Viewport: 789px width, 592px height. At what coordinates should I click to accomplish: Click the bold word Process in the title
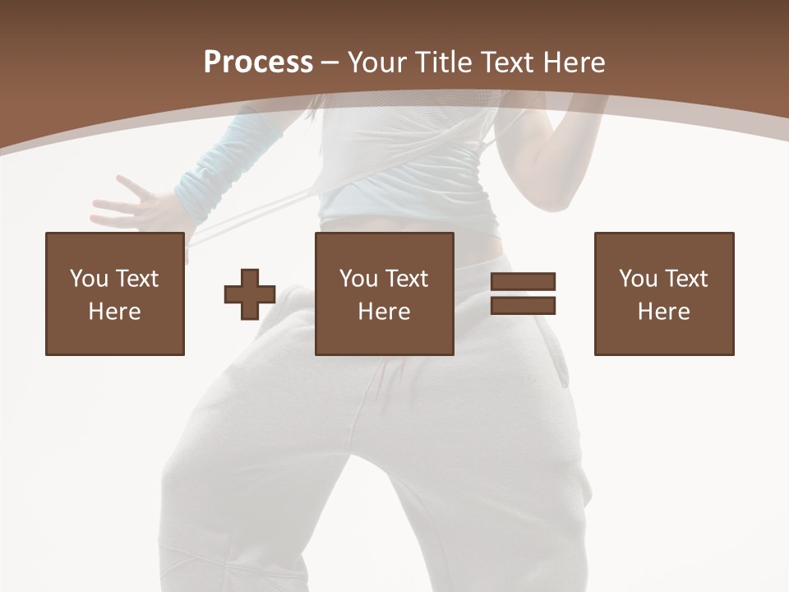tap(258, 62)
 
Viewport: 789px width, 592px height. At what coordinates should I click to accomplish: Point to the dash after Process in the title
tap(330, 63)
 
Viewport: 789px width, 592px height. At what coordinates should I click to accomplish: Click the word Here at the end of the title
tap(573, 62)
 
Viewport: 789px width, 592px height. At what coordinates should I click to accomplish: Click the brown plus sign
tap(250, 294)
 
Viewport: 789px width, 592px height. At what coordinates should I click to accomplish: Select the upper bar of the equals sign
tap(523, 281)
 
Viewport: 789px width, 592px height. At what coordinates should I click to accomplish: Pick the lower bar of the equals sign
tap(523, 306)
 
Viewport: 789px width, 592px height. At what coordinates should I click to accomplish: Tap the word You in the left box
tap(89, 279)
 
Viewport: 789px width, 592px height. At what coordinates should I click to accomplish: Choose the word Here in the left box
tap(114, 312)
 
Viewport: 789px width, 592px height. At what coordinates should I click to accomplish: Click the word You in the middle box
tap(358, 279)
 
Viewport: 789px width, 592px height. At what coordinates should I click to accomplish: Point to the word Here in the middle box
tap(384, 312)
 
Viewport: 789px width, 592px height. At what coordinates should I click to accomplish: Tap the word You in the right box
tap(638, 279)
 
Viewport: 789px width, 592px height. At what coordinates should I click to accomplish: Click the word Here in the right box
tap(663, 312)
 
